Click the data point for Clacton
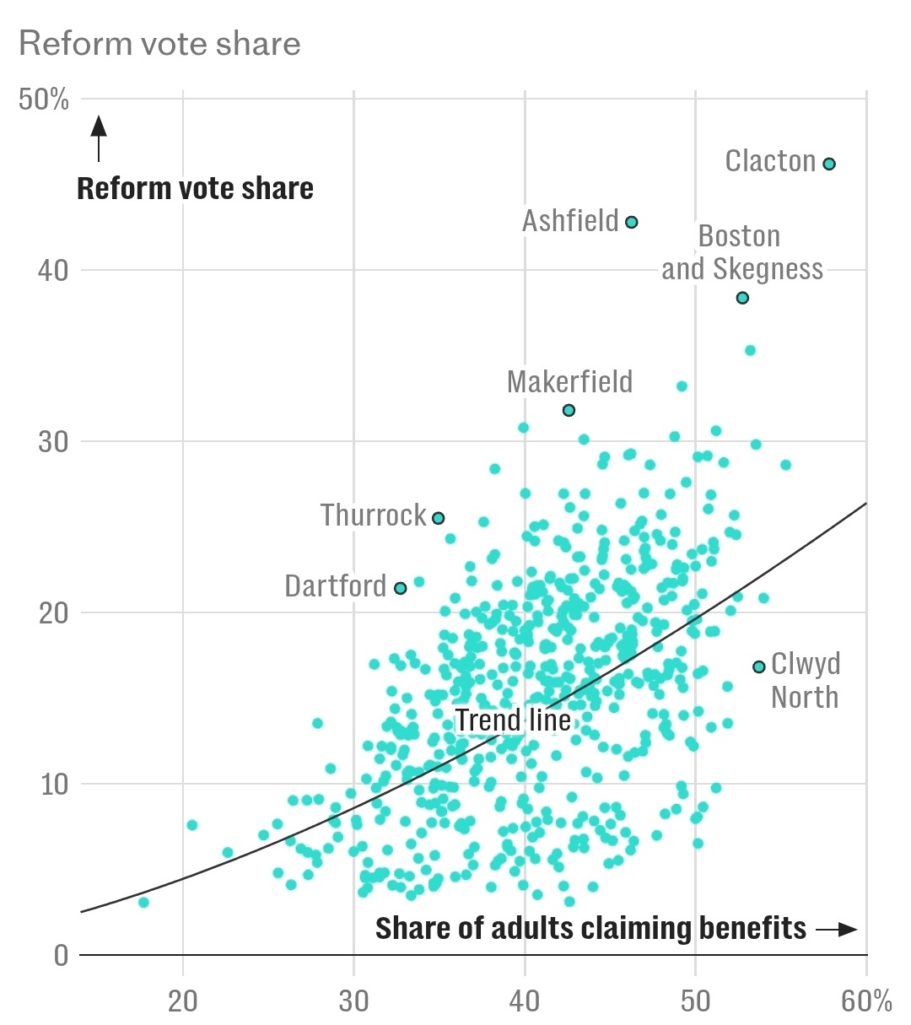(829, 164)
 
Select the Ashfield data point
(631, 222)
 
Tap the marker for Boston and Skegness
(742, 298)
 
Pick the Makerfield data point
(569, 410)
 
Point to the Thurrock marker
(439, 518)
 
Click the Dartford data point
(401, 588)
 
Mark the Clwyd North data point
(758, 666)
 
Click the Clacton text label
(770, 161)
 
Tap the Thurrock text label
(374, 515)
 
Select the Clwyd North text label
(806, 681)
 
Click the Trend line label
(513, 720)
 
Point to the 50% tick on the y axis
(44, 100)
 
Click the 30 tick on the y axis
(52, 441)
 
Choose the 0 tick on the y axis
(61, 955)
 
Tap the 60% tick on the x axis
(865, 1001)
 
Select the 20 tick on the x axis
(183, 1001)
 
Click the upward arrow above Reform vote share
(99, 138)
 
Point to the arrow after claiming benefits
(836, 929)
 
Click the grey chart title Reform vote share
(159, 44)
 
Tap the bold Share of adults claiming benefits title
(590, 928)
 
